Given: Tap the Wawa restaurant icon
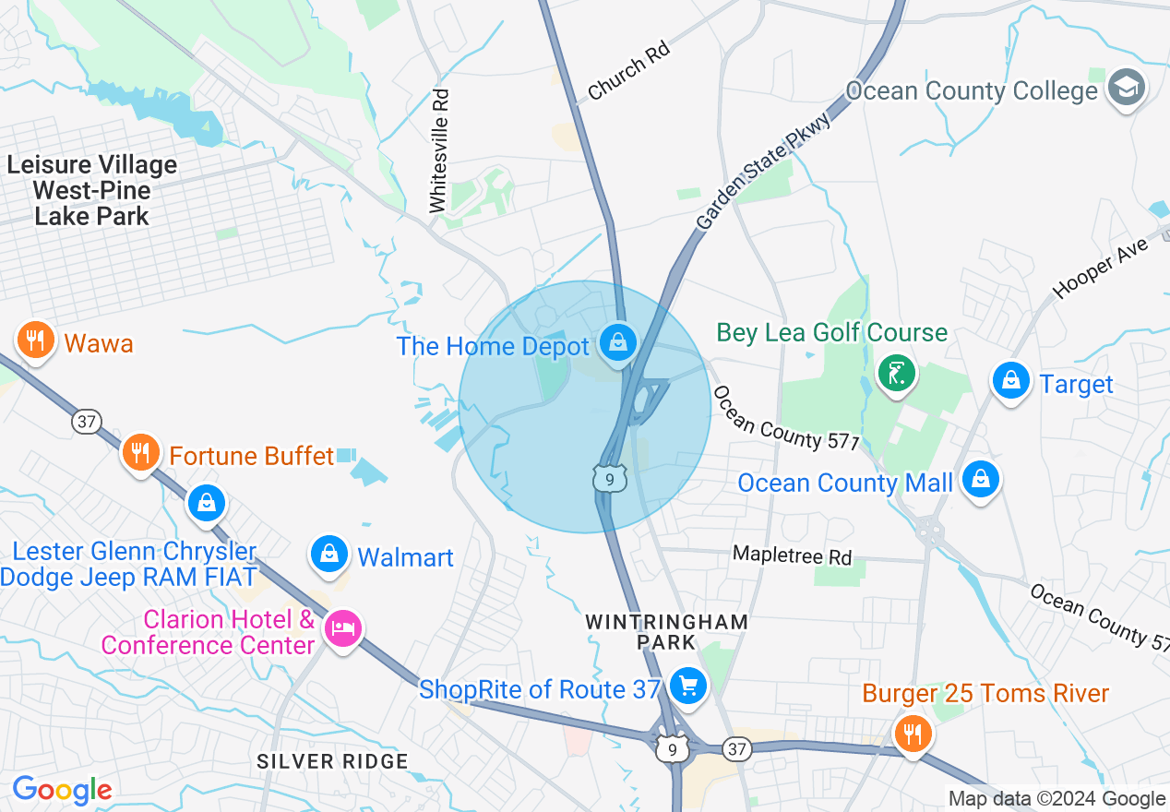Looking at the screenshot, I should tap(35, 341).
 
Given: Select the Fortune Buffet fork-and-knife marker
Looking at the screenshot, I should tap(139, 453).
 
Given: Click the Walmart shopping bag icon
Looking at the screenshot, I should tap(328, 553).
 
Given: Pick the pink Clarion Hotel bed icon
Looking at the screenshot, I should tap(343, 630).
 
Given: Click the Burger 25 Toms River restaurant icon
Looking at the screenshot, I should tap(913, 733).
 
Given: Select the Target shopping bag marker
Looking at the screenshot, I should tap(1011, 380).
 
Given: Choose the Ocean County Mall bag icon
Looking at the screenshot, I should tap(980, 479).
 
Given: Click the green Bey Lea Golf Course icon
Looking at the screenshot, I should tap(896, 373).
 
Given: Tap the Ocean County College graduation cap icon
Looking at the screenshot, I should tap(1127, 89).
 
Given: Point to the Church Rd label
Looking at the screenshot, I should tap(627, 70).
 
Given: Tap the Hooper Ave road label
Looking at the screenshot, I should tap(1101, 268).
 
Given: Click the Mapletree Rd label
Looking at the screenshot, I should tap(792, 555).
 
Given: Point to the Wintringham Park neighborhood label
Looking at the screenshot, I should tap(666, 631).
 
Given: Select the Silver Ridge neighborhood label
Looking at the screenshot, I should tap(332, 761).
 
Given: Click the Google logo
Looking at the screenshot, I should tap(62, 790).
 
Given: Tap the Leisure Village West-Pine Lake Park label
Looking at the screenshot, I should tap(92, 191).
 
